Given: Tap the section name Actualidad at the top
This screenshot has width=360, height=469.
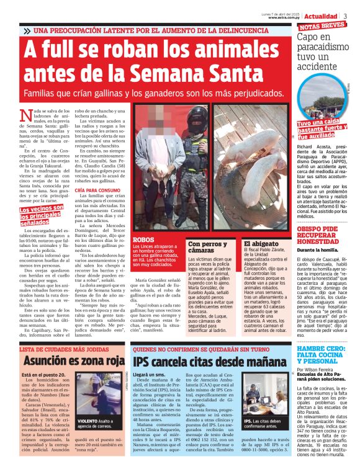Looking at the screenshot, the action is pos(320,16).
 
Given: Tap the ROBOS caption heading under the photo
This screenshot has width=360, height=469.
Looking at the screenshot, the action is pos(143,239).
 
